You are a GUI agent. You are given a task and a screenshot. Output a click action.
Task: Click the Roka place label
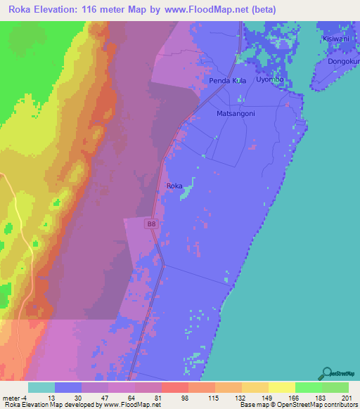click(x=174, y=186)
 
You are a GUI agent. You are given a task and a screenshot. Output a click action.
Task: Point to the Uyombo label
click(x=269, y=79)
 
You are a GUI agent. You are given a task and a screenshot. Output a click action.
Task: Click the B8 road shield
click(x=151, y=223)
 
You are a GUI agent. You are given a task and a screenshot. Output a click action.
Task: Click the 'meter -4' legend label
click(x=13, y=398)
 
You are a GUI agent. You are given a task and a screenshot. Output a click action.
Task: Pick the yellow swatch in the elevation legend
click(x=282, y=387)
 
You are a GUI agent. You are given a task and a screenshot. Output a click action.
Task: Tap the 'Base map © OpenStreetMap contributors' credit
click(x=297, y=405)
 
